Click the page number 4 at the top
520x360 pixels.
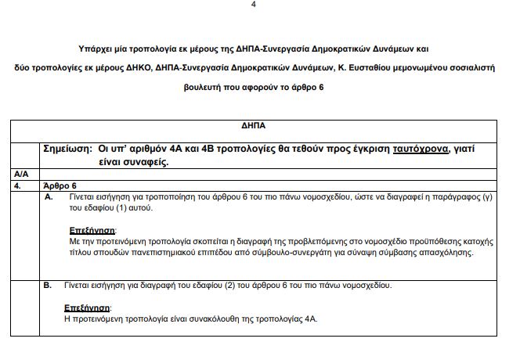253,5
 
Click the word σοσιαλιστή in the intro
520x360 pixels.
468,67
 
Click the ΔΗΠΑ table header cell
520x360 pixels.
259,125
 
